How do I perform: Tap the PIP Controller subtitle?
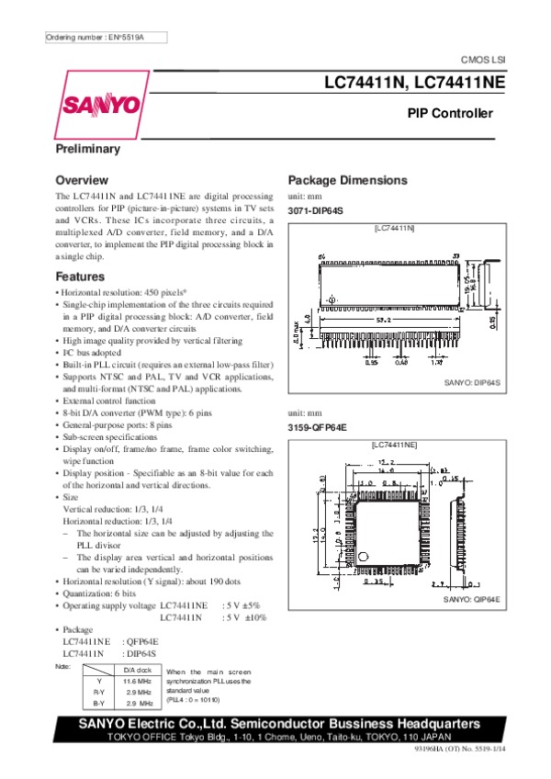pyautogui.click(x=450, y=114)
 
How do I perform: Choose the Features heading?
pyautogui.click(x=80, y=277)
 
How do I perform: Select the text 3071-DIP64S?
pyautogui.click(x=315, y=211)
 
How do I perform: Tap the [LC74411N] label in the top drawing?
pyautogui.click(x=394, y=227)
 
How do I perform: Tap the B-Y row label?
pyautogui.click(x=98, y=702)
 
